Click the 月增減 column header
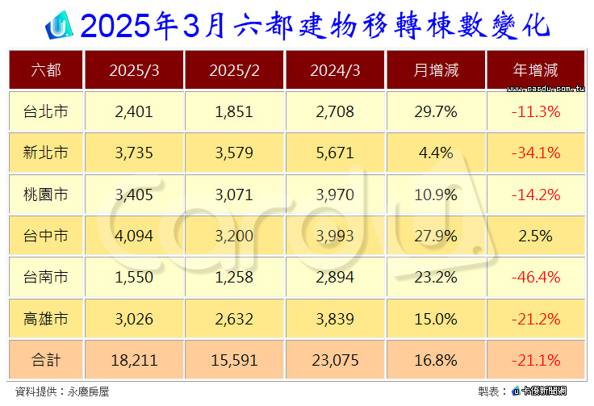pos(436,70)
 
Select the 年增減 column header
pos(535,70)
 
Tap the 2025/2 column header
pos(234,70)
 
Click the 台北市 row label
pos(45,111)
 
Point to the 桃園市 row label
pos(45,195)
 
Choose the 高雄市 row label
pos(45,319)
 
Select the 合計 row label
pos(45,360)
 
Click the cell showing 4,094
pos(134,236)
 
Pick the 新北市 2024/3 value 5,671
pos(335,153)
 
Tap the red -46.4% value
pos(536,277)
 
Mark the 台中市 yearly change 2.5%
pos(535,236)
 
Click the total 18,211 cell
pos(134,360)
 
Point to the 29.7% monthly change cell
pos(436,111)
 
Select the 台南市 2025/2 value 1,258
pos(234,277)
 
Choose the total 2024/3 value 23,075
pos(335,360)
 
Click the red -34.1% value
pos(536,153)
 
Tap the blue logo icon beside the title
pos(59,25)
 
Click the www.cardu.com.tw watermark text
pos(546,89)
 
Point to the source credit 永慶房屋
pos(88,391)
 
